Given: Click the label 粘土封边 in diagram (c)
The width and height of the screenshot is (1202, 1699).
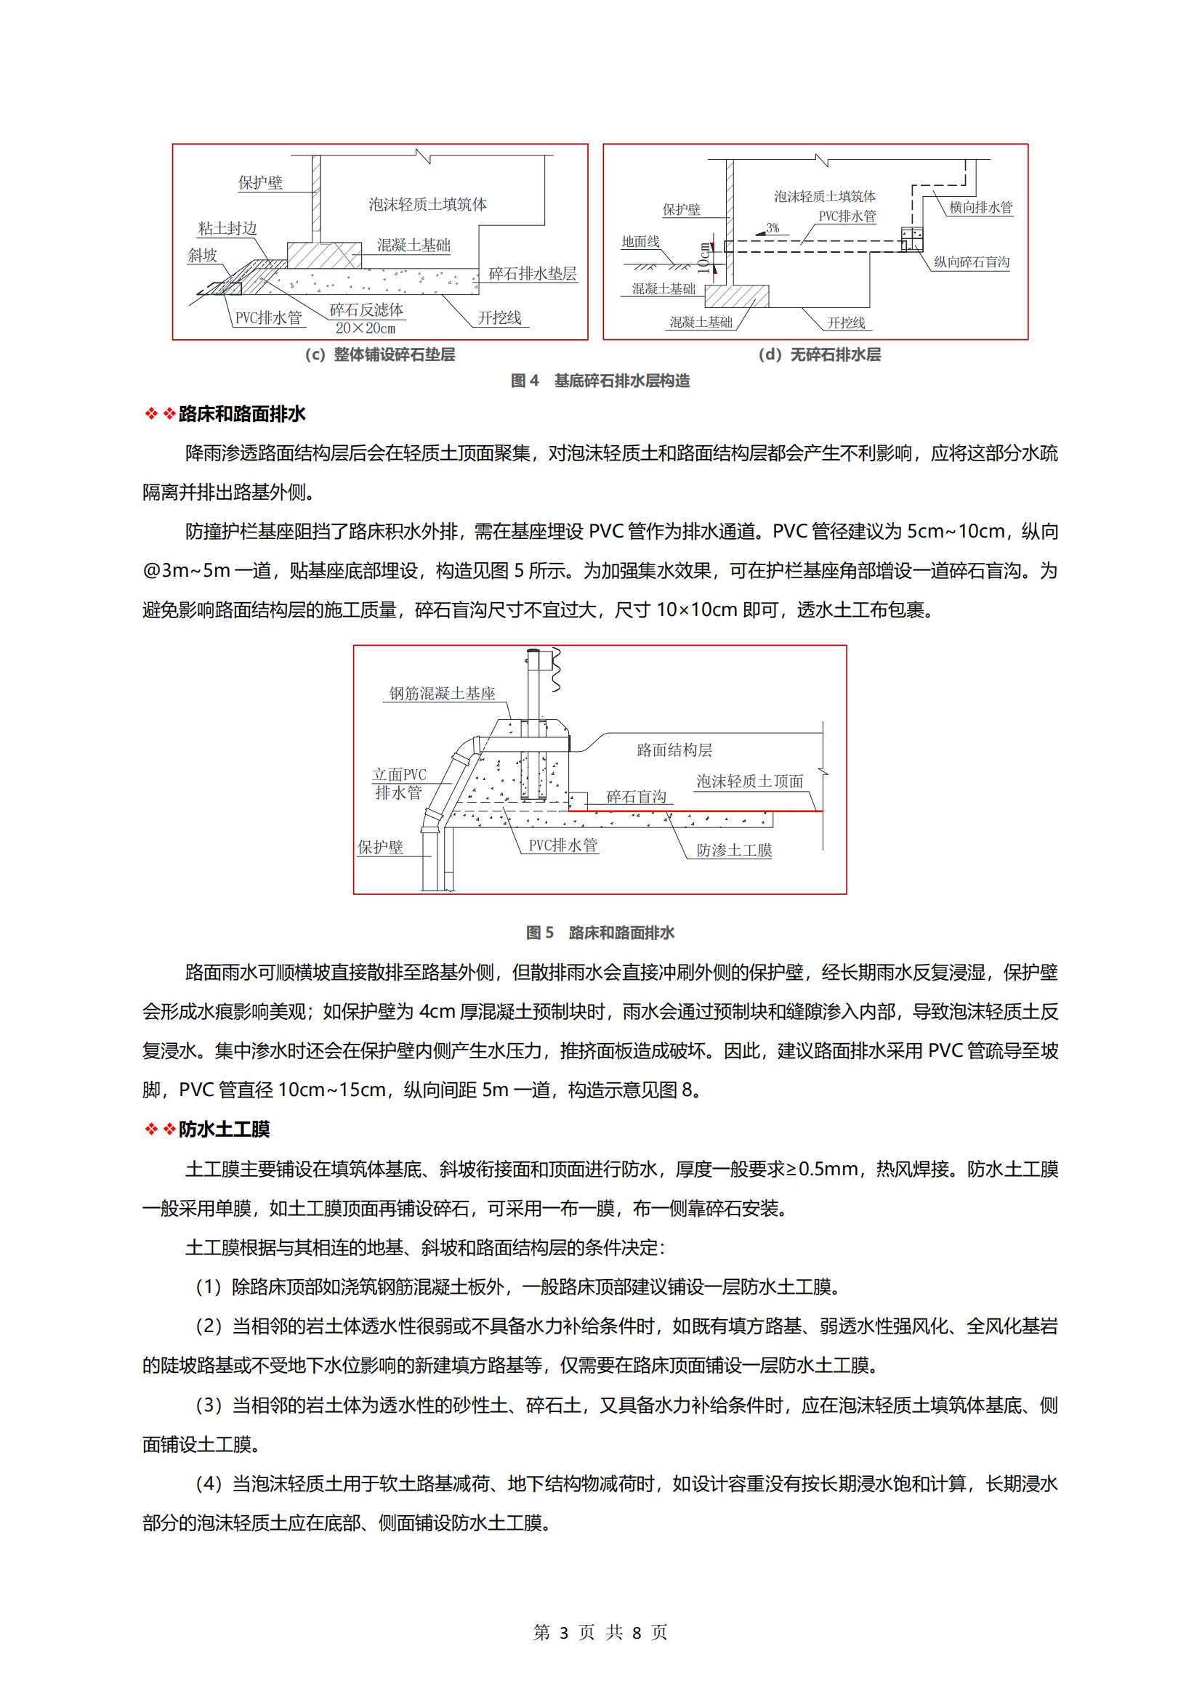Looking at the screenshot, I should (227, 229).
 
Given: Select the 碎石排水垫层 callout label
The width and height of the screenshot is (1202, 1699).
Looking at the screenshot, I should (532, 274).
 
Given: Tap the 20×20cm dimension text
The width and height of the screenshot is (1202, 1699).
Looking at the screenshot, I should (366, 328).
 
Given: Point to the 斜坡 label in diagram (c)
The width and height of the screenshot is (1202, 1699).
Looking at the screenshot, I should (202, 255).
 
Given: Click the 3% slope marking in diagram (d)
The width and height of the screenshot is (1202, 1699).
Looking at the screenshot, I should (772, 228).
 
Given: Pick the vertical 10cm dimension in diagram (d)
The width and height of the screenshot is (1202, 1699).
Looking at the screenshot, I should (704, 259).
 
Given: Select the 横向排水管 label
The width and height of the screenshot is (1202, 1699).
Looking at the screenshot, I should (980, 208).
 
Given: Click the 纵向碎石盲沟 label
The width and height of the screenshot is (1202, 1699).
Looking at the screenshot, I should (971, 262).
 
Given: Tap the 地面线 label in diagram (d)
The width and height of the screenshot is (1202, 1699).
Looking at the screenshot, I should (640, 242).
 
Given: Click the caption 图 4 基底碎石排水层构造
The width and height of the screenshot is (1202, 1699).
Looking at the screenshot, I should (600, 381).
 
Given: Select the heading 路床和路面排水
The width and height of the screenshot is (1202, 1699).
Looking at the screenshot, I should (242, 413).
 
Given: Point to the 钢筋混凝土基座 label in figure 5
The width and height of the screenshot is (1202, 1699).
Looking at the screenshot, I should (442, 694).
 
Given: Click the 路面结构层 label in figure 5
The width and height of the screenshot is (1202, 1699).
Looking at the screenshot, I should (674, 750).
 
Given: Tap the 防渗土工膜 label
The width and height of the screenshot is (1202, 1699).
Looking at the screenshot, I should (733, 851).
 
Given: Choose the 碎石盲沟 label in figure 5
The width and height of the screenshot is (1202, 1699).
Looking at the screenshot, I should (636, 796).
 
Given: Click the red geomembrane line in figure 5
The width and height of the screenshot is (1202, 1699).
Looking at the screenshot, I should (695, 811).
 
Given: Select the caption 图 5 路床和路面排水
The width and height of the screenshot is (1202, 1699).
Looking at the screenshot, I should (600, 933).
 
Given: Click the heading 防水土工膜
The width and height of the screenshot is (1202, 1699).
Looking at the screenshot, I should (224, 1130).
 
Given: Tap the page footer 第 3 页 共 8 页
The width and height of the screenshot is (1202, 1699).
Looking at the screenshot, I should (600, 1631).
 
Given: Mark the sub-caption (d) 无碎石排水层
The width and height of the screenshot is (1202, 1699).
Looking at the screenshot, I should (819, 354).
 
